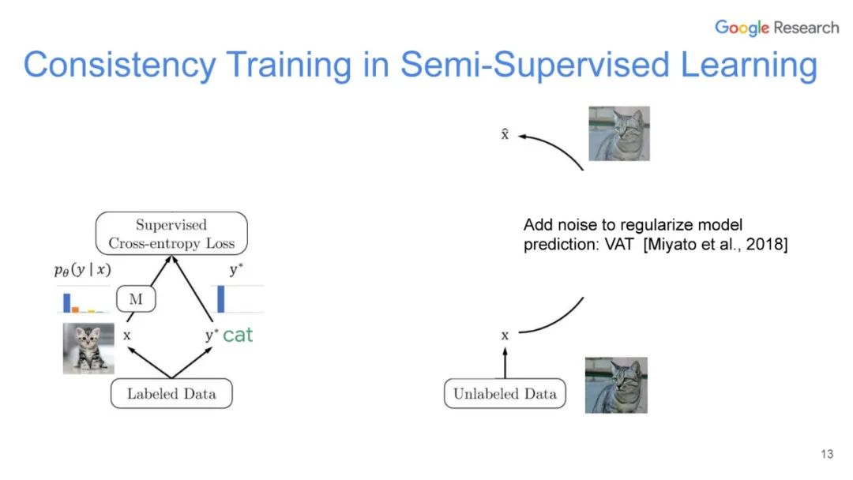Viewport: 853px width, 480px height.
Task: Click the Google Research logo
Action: pyautogui.click(x=776, y=28)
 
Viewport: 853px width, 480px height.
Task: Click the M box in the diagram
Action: pyautogui.click(x=135, y=299)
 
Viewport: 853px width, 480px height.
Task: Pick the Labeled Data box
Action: pyautogui.click(x=171, y=393)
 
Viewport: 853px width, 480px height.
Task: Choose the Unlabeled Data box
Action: pyautogui.click(x=505, y=394)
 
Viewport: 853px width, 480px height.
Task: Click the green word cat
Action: pyautogui.click(x=238, y=335)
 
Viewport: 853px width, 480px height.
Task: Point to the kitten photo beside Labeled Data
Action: pyautogui.click(x=88, y=347)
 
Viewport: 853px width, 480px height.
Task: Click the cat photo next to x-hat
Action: pyautogui.click(x=619, y=133)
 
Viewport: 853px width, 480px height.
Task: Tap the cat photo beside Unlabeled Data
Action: pyautogui.click(x=616, y=384)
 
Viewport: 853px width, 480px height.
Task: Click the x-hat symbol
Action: pyautogui.click(x=505, y=135)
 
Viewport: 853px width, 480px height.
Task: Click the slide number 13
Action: pyautogui.click(x=827, y=454)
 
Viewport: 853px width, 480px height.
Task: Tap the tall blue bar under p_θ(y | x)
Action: pyautogui.click(x=67, y=302)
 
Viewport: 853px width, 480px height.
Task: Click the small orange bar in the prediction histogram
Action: pyautogui.click(x=76, y=309)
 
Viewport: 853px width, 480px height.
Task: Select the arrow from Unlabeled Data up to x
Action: pyautogui.click(x=505, y=362)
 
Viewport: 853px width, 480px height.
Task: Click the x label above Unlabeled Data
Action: pyautogui.click(x=505, y=336)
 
